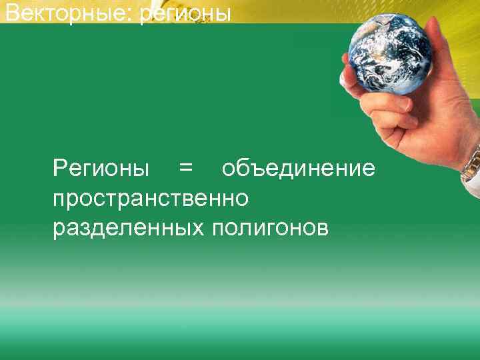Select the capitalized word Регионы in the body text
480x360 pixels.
click(101, 169)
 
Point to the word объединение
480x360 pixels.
click(298, 169)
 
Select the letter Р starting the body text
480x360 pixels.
click(59, 169)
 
